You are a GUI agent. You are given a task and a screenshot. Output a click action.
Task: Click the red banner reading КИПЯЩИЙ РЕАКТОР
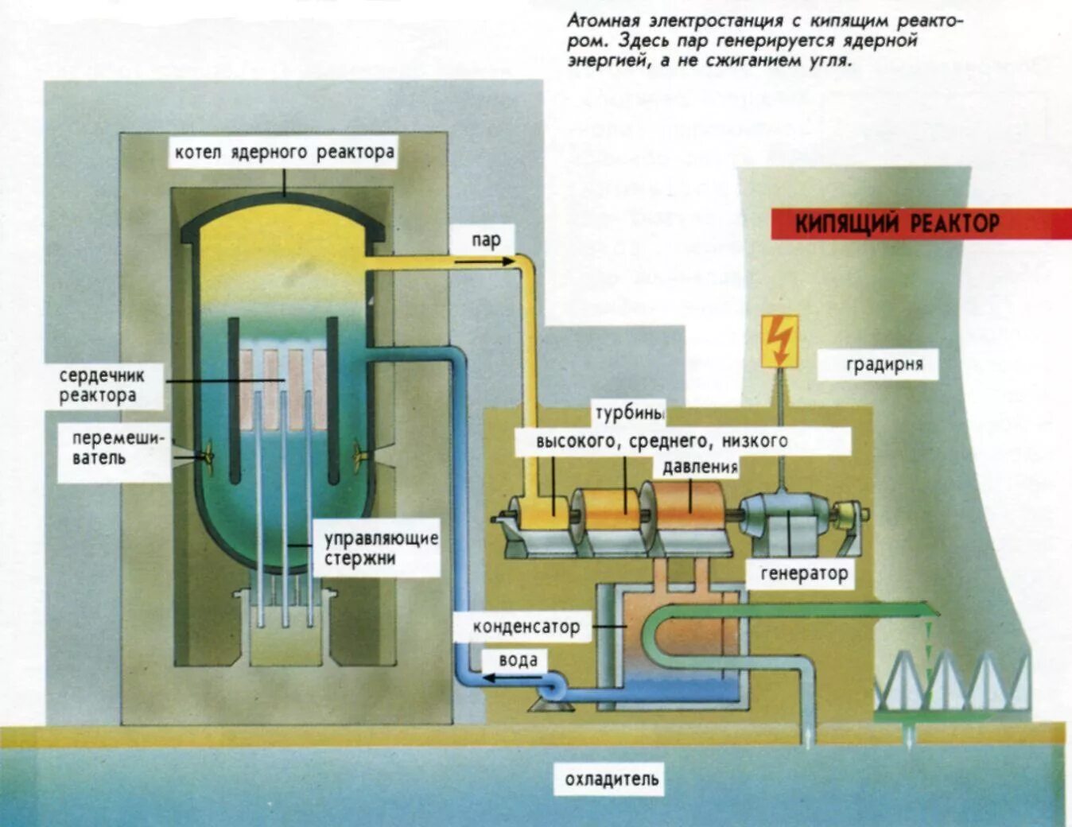pos(897,223)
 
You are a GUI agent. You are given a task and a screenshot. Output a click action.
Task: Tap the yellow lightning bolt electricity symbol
pos(780,340)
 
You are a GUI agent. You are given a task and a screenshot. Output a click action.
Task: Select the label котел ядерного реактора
pos(284,152)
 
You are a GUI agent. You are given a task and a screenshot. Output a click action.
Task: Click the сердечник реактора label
pos(101,385)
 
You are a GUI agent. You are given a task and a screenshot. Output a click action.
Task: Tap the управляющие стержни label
pos(380,548)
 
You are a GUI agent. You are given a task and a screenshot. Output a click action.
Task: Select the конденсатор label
pos(526,627)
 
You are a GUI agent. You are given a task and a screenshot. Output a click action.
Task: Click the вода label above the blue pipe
pos(518,660)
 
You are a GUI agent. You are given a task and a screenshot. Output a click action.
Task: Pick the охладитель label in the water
pos(612,779)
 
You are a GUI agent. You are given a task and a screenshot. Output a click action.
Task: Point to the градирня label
pos(884,365)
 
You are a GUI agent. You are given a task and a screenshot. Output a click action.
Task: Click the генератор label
pos(803,573)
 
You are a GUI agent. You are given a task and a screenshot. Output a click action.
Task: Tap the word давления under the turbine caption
pos(700,466)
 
